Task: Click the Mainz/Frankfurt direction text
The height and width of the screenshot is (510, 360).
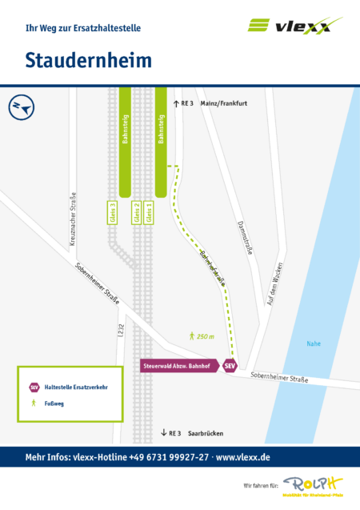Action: (225, 103)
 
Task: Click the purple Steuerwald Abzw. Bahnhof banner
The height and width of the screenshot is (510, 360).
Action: (180, 366)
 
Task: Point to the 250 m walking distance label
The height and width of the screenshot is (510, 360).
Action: (202, 337)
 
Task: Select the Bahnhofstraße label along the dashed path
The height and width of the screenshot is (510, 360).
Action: (213, 268)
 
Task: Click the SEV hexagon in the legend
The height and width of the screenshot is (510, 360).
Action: (34, 387)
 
